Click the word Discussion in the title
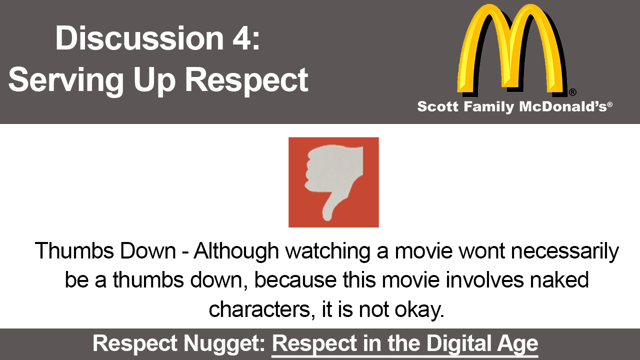[139, 38]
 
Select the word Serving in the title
[66, 80]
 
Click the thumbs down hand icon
[333, 182]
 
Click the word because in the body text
[295, 280]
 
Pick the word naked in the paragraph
[559, 280]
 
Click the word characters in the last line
[259, 309]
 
